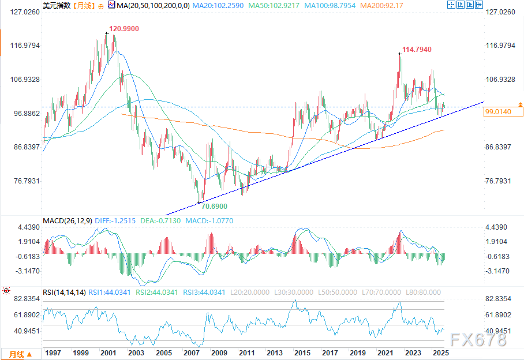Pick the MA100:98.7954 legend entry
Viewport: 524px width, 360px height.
pyautogui.click(x=328, y=5)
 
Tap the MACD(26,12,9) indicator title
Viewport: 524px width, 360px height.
pyautogui.click(x=67, y=221)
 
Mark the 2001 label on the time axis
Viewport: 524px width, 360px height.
pyautogui.click(x=107, y=352)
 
